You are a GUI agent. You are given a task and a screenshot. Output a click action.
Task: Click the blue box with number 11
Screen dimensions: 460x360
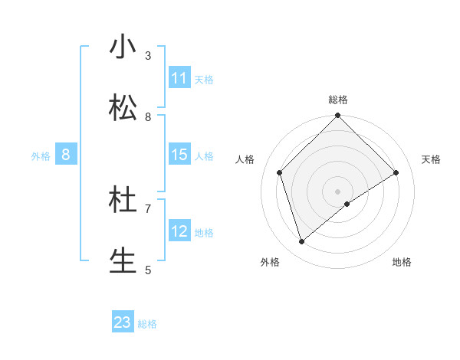pyautogui.click(x=179, y=78)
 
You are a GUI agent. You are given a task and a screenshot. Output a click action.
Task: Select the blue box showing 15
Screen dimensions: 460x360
pyautogui.click(x=179, y=155)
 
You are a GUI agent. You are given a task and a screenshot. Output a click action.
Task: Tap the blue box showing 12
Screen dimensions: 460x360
pyautogui.click(x=179, y=231)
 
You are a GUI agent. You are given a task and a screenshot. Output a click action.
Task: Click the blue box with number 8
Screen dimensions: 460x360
pyautogui.click(x=66, y=155)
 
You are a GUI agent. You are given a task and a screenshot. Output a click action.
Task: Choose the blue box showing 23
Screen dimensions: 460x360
pyautogui.click(x=123, y=322)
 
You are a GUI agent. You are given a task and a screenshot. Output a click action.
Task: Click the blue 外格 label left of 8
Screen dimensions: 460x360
pyautogui.click(x=41, y=156)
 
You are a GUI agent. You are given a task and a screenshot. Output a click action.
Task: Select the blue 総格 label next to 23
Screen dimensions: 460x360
pyautogui.click(x=147, y=324)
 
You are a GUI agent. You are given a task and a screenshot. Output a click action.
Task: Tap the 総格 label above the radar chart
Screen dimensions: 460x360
pyautogui.click(x=338, y=100)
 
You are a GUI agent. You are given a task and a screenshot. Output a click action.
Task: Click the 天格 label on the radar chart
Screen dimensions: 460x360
pyautogui.click(x=431, y=159)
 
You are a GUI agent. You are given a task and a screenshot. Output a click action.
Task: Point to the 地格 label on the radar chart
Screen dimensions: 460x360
pyautogui.click(x=402, y=262)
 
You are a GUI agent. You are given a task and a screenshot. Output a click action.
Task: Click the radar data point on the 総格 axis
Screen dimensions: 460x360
pyautogui.click(x=338, y=117)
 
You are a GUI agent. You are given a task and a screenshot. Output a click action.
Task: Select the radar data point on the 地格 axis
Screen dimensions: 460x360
pyautogui.click(x=347, y=204)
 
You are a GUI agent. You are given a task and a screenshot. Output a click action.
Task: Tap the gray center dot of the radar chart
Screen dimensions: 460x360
pyautogui.click(x=338, y=191)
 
